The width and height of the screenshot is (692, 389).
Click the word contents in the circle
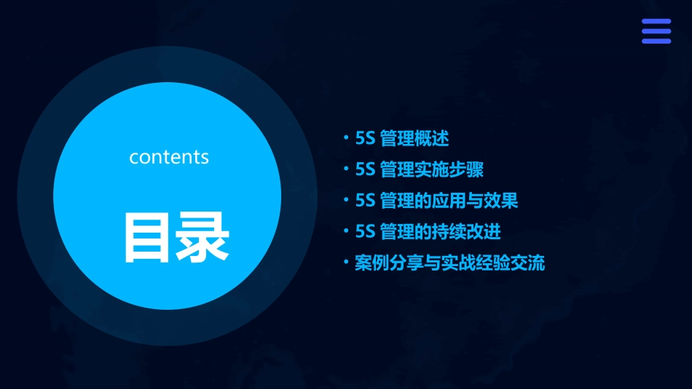(x=169, y=157)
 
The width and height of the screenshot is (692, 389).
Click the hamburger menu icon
(x=656, y=31)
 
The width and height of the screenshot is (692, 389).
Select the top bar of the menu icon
(x=656, y=22)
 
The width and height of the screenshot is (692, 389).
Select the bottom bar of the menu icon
(x=656, y=41)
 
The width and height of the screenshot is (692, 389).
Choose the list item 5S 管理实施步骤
(x=419, y=169)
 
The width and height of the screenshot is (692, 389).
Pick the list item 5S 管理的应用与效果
(x=436, y=201)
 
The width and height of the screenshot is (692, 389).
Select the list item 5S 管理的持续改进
(x=428, y=232)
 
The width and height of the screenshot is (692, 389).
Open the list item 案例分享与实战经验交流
(x=449, y=262)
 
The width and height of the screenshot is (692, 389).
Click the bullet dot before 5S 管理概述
(x=347, y=138)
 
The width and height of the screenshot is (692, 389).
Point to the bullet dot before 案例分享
(x=347, y=262)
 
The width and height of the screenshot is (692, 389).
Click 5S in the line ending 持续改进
(x=365, y=232)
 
